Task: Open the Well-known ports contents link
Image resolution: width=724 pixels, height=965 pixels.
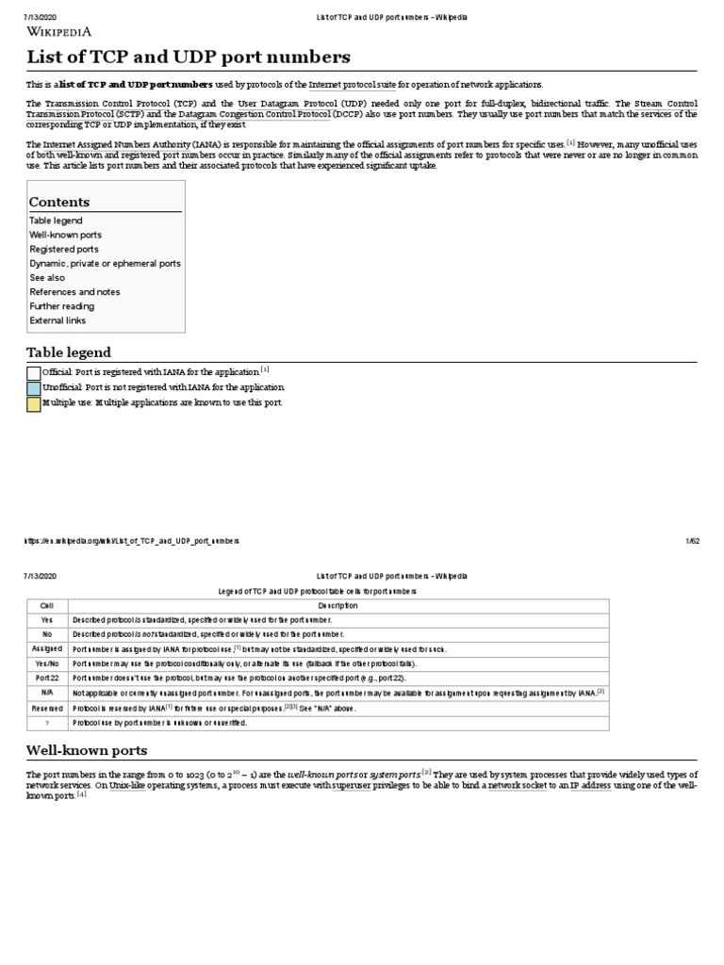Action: tap(65, 235)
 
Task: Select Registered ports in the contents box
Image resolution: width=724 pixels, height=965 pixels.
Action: tap(63, 249)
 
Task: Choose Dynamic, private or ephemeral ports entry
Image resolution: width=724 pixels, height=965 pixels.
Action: tap(105, 264)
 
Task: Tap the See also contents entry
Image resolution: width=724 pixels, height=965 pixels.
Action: tap(47, 278)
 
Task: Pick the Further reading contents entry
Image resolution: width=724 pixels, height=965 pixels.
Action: tap(61, 306)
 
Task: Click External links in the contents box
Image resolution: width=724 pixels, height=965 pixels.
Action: tap(57, 320)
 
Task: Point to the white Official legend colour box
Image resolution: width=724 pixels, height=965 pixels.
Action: tap(34, 373)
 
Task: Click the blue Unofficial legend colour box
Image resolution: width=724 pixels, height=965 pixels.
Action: tap(34, 388)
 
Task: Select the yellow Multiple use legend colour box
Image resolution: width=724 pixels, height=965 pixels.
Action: tap(34, 403)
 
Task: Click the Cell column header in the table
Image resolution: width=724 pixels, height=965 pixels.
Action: tap(47, 605)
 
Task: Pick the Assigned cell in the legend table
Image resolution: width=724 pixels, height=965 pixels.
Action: tap(47, 649)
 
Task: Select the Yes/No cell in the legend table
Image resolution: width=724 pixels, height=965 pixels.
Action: tap(47, 663)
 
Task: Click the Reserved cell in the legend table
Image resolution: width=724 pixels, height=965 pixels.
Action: tap(47, 708)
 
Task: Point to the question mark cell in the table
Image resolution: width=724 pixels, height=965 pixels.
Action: tap(47, 723)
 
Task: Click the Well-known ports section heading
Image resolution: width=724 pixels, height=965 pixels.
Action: tap(86, 750)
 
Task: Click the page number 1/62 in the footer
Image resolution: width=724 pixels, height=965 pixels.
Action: tap(692, 541)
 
